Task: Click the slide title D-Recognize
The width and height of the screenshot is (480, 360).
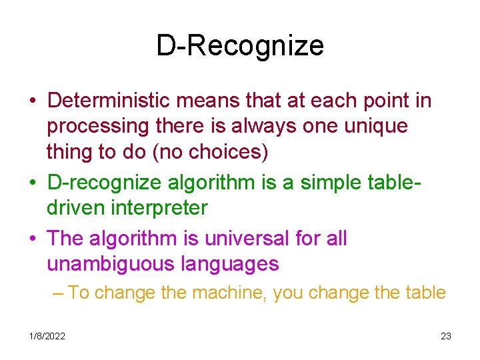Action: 240,46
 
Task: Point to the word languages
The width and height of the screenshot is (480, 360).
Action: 230,264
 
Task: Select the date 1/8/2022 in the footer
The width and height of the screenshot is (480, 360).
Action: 47,336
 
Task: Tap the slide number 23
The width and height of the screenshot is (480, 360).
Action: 446,336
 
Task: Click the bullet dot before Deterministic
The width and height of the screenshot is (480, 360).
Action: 32,101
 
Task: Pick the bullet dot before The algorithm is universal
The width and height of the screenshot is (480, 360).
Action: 32,239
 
